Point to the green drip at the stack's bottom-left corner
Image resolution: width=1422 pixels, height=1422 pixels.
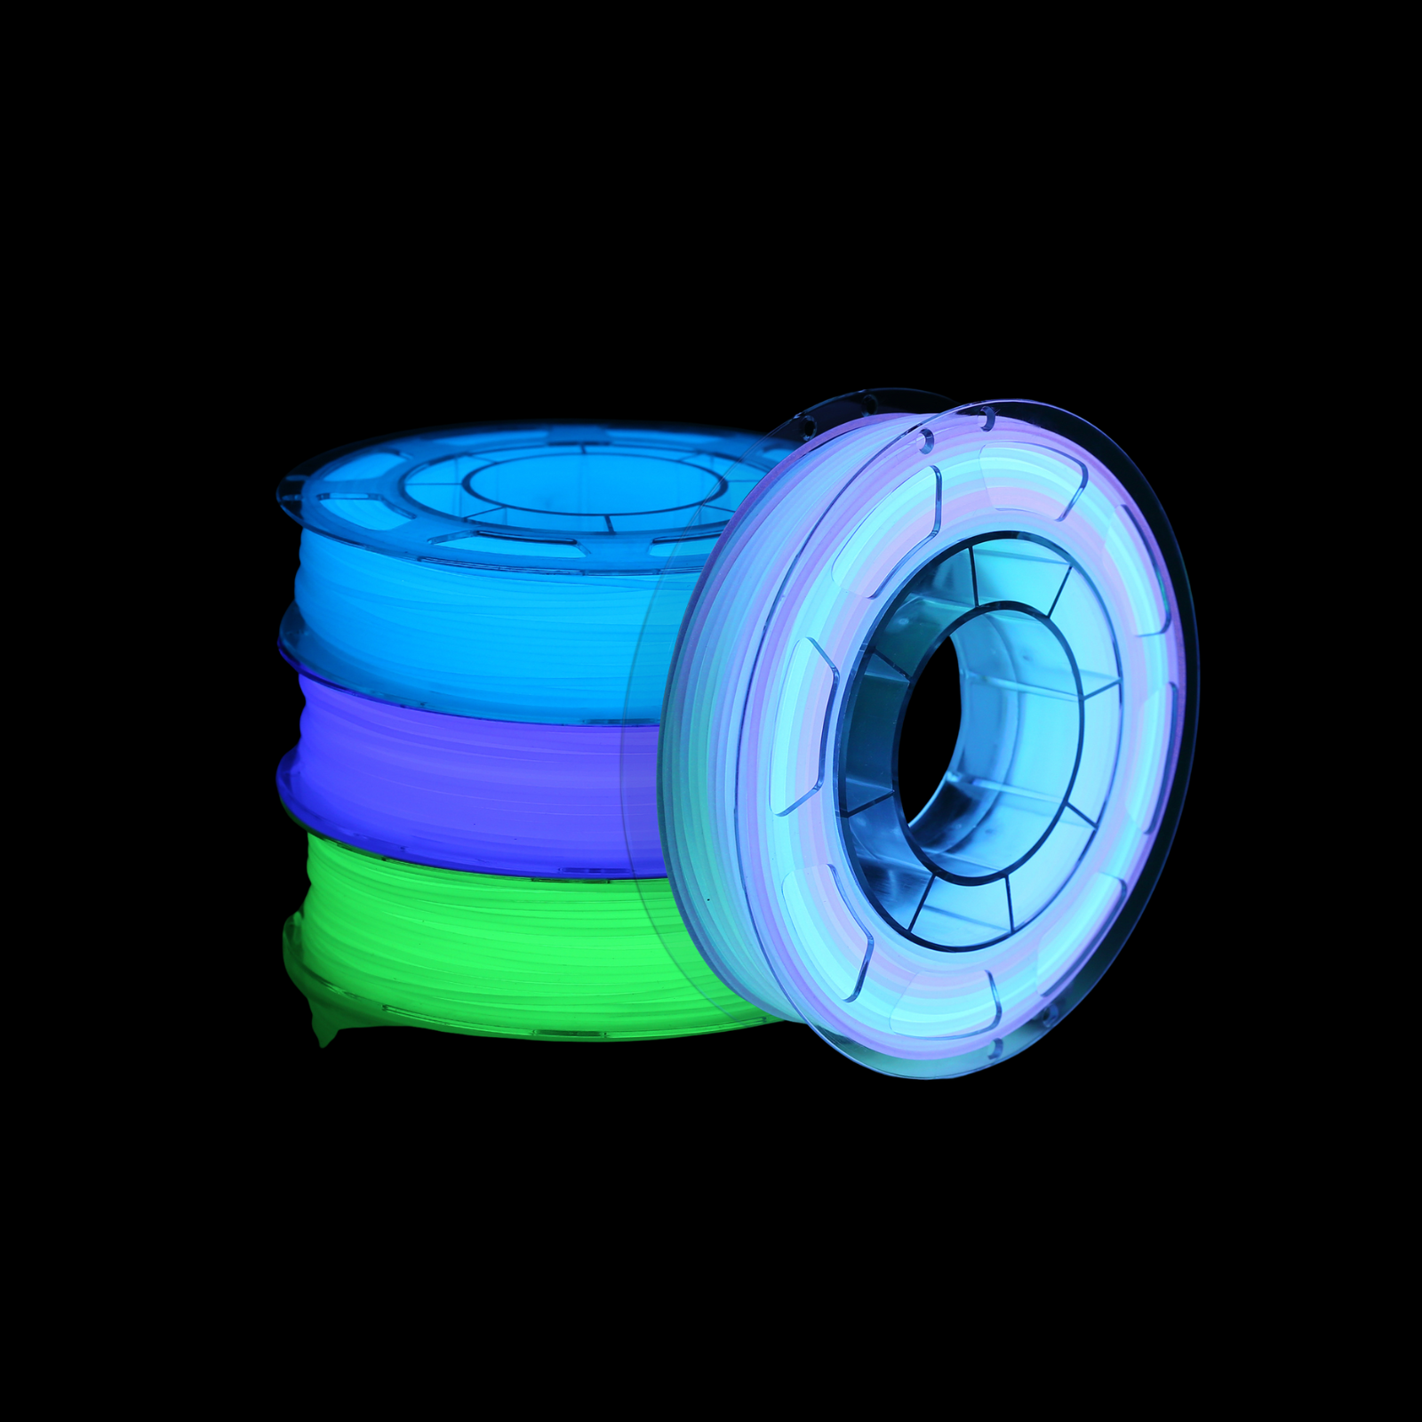pos(325,1031)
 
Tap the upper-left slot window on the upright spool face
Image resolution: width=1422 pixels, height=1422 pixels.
pos(884,533)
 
